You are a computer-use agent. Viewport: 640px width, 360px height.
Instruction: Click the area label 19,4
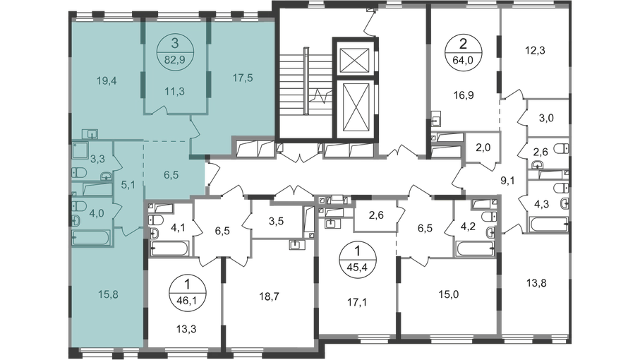107,80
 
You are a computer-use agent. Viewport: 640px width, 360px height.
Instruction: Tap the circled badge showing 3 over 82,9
175,50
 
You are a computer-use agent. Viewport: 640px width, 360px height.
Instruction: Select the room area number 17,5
243,78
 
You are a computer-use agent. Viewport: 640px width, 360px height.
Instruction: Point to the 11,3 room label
175,92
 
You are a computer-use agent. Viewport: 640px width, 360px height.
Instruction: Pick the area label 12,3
535,51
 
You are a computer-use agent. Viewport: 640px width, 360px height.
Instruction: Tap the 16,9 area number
464,95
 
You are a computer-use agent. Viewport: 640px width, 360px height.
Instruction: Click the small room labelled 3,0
546,119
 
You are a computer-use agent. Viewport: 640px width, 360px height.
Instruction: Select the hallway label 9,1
507,181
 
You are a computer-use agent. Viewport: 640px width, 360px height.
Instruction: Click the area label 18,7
269,296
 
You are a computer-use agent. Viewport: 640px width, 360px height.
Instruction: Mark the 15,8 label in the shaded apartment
108,294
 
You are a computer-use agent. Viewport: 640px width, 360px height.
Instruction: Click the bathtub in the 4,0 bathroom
91,238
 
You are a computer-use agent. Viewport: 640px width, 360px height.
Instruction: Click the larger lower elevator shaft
357,107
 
